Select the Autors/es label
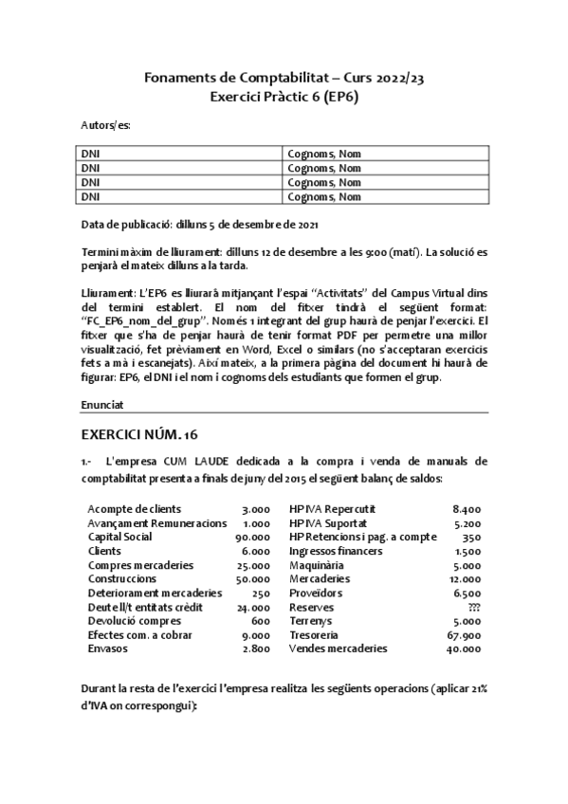pos(105,124)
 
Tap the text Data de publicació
pos(126,224)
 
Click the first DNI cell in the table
pos(90,153)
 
